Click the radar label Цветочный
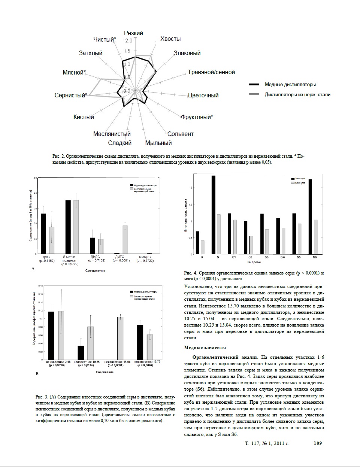point(203,95)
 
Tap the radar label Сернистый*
point(70,95)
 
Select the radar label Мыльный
point(158,143)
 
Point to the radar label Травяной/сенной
point(211,72)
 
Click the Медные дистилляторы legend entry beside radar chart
point(290,85)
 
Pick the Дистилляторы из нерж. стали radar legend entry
point(297,95)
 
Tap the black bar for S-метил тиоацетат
point(68,227)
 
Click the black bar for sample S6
point(310,217)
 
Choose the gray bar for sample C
point(203,247)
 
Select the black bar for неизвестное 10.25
point(81,352)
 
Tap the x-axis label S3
point(266,257)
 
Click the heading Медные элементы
point(205,347)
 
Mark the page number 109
point(317,443)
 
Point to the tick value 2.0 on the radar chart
point(128,41)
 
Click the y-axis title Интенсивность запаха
point(186,216)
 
